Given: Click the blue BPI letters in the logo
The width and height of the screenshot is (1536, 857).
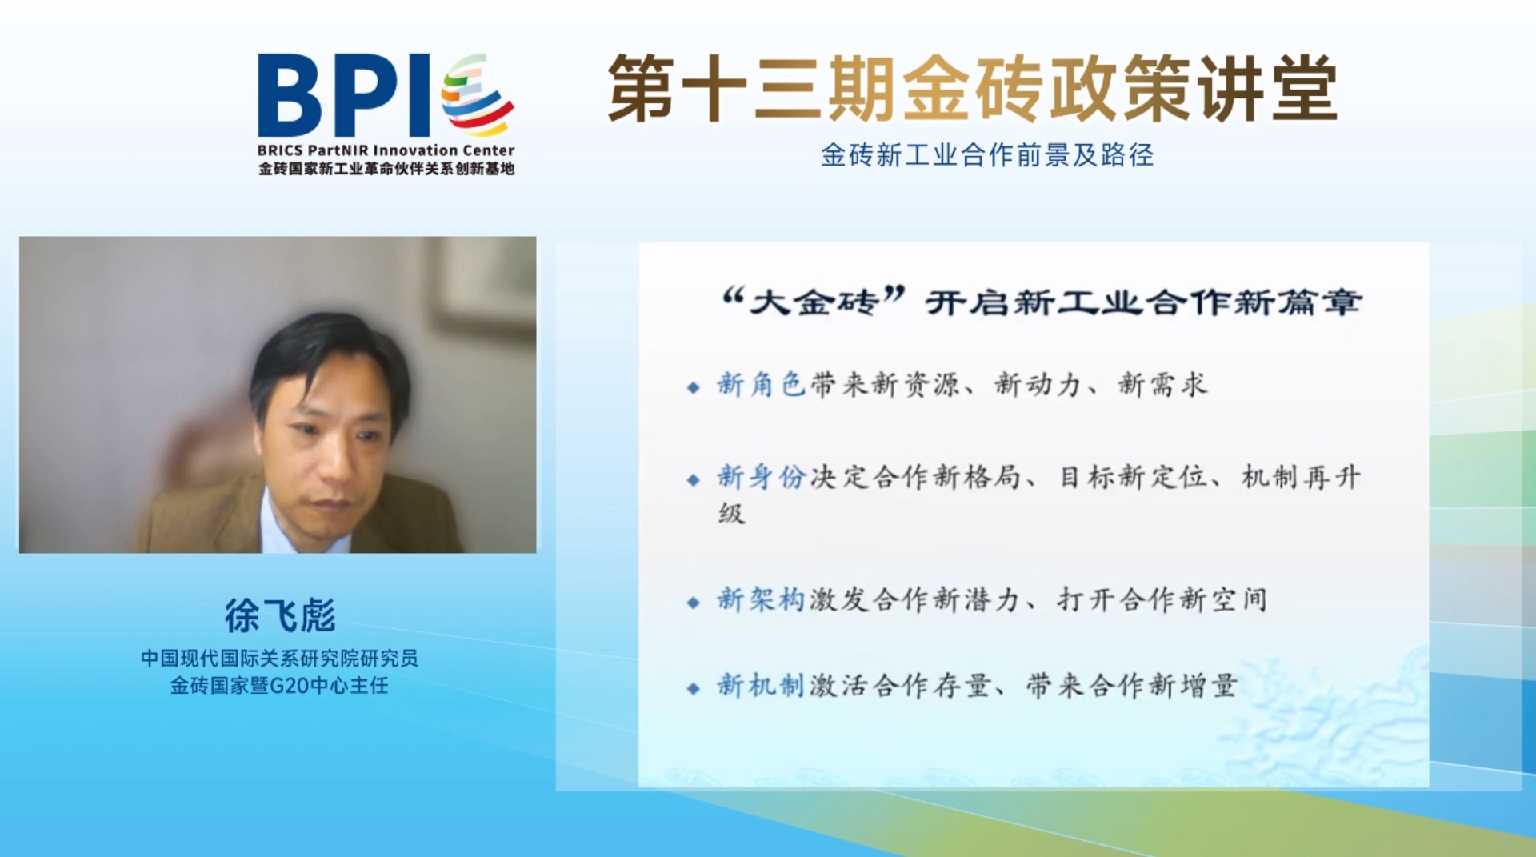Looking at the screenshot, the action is (344, 95).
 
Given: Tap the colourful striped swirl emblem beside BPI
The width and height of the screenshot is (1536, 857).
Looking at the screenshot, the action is (477, 94).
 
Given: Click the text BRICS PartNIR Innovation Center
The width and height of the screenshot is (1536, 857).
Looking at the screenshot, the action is (386, 150).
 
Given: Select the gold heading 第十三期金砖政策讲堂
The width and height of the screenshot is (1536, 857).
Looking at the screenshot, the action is (972, 88).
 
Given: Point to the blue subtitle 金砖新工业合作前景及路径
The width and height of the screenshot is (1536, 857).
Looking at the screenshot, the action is (987, 154).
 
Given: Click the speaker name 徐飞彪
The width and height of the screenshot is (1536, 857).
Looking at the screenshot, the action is (279, 615).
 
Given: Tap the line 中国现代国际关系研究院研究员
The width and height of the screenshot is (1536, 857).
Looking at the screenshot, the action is (279, 658).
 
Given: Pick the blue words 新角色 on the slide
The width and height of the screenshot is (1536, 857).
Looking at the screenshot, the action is (761, 385).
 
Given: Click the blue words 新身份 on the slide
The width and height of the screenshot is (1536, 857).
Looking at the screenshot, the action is (761, 477).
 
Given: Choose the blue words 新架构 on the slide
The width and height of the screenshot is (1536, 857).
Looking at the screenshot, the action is (761, 599).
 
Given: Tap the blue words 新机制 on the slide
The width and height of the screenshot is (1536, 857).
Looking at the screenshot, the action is (761, 686).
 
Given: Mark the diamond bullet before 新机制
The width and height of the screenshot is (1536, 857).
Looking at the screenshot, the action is (693, 688).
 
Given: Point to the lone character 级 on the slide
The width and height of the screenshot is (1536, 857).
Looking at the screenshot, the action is (731, 513).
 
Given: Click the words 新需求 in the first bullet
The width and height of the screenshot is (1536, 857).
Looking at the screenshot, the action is (1162, 385).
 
